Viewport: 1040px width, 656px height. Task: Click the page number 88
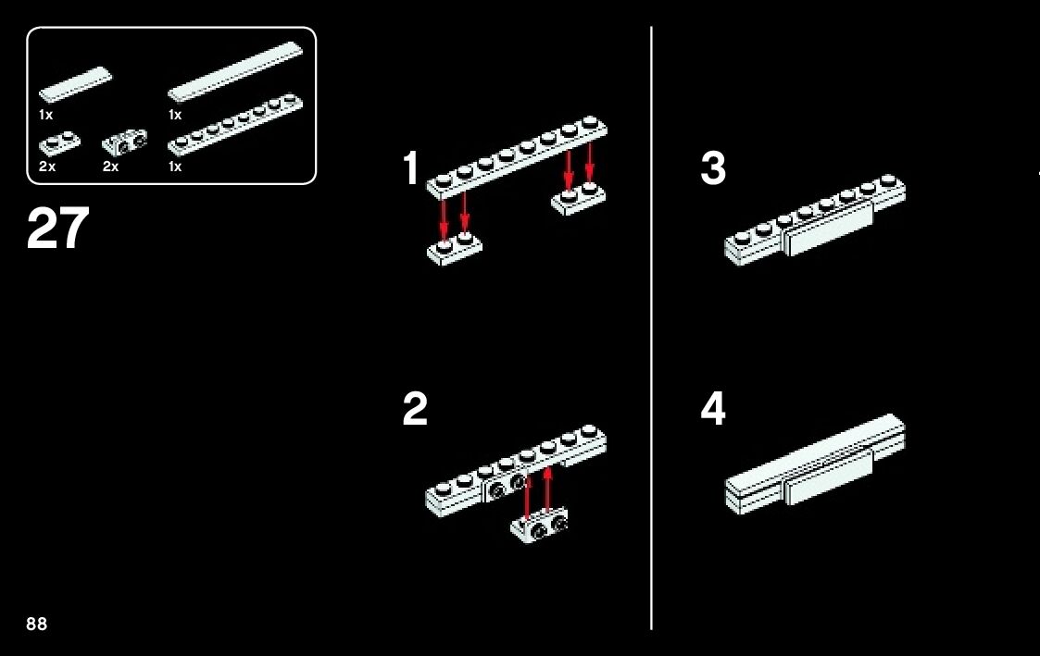point(36,624)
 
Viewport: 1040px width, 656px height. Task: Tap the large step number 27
point(57,228)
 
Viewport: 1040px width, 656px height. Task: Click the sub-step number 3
point(713,168)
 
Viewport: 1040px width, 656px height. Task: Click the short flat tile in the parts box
point(76,83)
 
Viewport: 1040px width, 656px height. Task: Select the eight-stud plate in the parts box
point(235,125)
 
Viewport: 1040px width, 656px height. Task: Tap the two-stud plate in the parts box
point(59,143)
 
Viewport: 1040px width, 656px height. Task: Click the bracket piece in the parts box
point(124,142)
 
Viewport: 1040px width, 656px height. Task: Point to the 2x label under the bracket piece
point(111,167)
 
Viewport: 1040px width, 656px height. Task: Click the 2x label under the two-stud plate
point(47,167)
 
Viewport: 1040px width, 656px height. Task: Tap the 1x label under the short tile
point(45,115)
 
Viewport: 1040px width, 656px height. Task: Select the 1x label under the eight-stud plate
point(175,167)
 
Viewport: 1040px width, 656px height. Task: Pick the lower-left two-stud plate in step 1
point(455,249)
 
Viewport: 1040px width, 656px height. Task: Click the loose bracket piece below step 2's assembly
point(540,525)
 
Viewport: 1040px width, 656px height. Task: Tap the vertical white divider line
point(651,328)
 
